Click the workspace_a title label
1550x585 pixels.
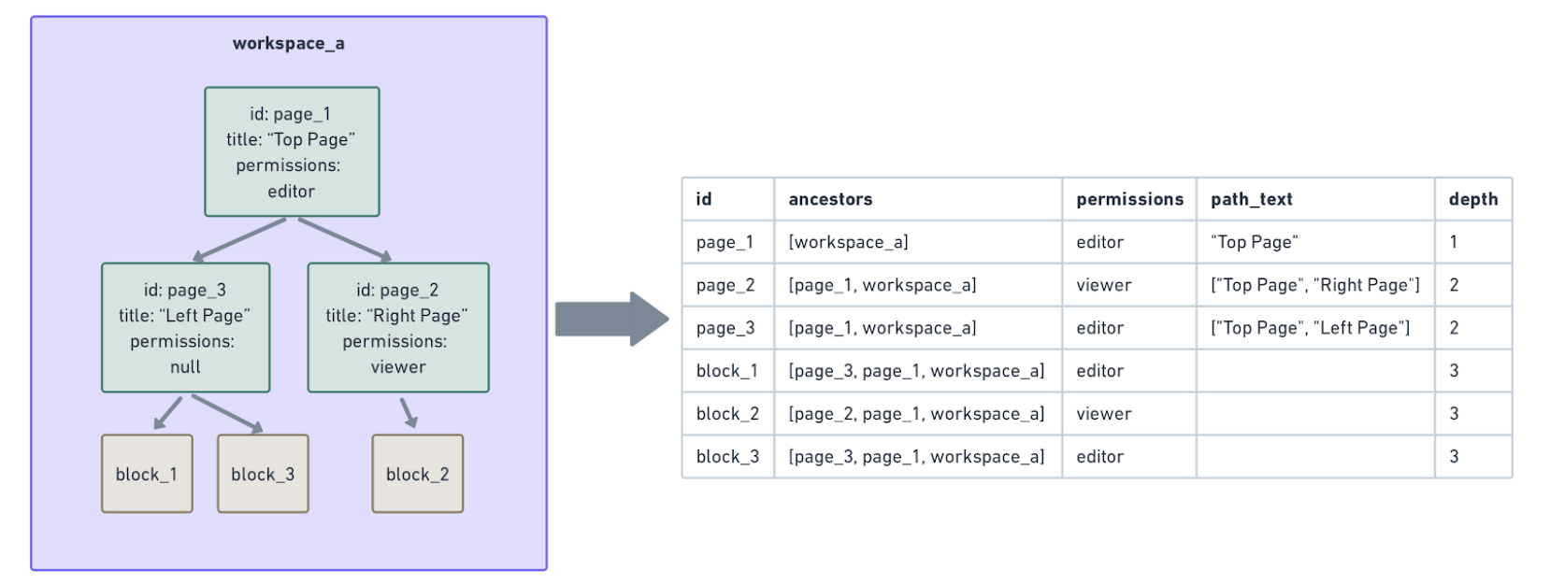(x=288, y=44)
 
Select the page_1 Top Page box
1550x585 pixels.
(x=292, y=152)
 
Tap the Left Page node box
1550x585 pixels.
(x=185, y=327)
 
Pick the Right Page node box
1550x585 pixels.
(x=397, y=327)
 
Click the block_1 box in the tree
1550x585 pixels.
(x=147, y=474)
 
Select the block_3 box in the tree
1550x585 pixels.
(x=263, y=474)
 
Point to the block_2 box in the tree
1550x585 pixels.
(x=417, y=474)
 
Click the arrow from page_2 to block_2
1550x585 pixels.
(x=409, y=412)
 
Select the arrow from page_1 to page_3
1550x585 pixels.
(x=239, y=239)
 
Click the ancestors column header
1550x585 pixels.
(x=830, y=199)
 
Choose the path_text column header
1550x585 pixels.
(x=1251, y=199)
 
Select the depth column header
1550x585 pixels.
(x=1472, y=199)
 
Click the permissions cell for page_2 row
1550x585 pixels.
(x=1104, y=285)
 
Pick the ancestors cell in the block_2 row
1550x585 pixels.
(x=916, y=414)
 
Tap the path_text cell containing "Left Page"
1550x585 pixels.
(x=1310, y=328)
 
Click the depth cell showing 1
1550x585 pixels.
(x=1454, y=242)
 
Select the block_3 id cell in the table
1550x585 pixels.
(x=727, y=457)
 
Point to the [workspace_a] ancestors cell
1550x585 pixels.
(x=848, y=242)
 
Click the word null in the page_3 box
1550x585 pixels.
(x=185, y=367)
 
